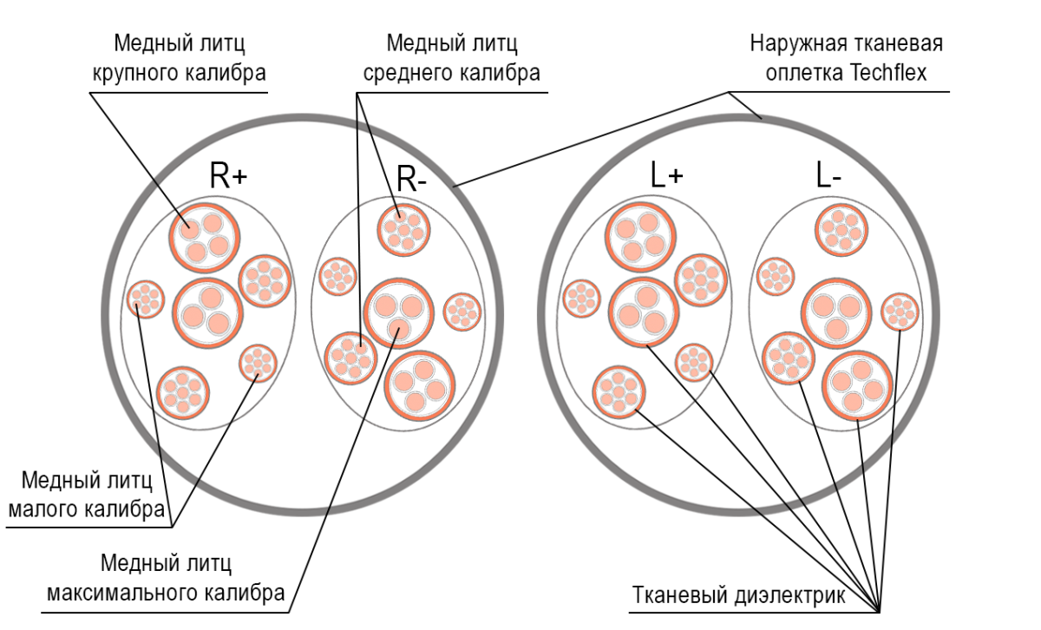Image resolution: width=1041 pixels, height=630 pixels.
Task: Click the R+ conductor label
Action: [228, 177]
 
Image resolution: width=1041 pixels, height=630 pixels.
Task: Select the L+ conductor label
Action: [665, 176]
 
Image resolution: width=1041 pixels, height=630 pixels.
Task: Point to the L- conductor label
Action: [828, 176]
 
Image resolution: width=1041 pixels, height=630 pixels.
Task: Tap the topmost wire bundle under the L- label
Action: [841, 227]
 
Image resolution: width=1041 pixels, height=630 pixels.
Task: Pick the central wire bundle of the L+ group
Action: [644, 311]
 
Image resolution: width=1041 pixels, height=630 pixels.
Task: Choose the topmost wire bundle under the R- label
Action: [404, 229]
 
